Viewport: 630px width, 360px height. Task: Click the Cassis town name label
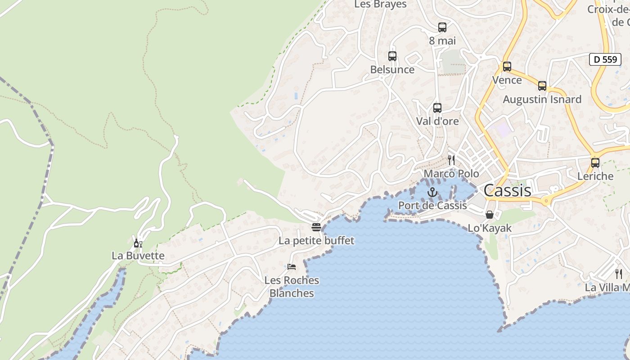tap(508, 190)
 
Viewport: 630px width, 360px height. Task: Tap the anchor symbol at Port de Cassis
tap(432, 193)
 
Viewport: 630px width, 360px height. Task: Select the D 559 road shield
tap(605, 59)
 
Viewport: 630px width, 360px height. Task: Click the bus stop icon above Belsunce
tap(392, 56)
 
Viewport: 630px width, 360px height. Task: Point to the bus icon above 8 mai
tap(442, 27)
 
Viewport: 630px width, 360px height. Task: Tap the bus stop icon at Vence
tap(507, 67)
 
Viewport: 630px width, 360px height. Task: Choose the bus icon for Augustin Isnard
tap(542, 86)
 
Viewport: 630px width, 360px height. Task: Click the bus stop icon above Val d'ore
tap(437, 108)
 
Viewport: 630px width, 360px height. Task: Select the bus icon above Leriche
tap(595, 163)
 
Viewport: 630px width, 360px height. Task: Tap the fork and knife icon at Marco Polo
tap(451, 160)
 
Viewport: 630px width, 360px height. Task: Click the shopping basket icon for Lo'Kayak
tap(490, 215)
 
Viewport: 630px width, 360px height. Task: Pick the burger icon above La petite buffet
tap(316, 227)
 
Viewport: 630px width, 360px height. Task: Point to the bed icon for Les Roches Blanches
tap(292, 267)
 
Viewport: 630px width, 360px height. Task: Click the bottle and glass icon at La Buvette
tap(138, 243)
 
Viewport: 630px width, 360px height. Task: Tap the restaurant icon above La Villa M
tap(619, 274)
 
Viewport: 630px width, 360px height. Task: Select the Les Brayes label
tap(380, 4)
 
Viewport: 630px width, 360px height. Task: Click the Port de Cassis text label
tap(432, 206)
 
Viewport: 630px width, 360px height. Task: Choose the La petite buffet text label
tap(316, 241)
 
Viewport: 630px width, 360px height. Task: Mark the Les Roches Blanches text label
tap(292, 287)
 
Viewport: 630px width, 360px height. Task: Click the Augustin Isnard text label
tap(542, 99)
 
